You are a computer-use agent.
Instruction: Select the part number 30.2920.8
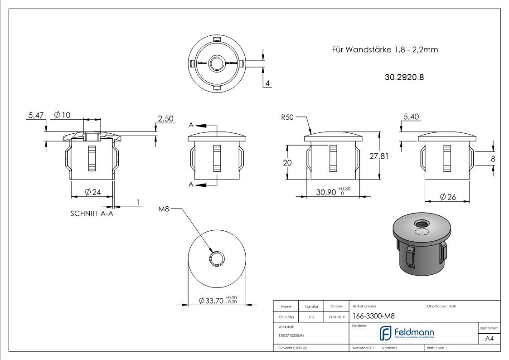click(404, 78)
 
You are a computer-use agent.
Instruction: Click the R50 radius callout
click(287, 117)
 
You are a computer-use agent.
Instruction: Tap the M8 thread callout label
click(164, 209)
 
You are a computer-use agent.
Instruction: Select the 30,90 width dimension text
click(326, 192)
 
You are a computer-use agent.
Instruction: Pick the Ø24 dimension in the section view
click(92, 192)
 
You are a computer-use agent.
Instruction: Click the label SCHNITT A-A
click(92, 214)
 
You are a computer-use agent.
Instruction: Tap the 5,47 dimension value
click(36, 116)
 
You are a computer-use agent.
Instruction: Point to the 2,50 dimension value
click(165, 119)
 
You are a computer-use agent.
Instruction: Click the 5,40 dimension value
click(411, 117)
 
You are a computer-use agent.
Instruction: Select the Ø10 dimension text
click(62, 115)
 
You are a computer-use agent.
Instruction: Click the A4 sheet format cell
click(489, 339)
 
